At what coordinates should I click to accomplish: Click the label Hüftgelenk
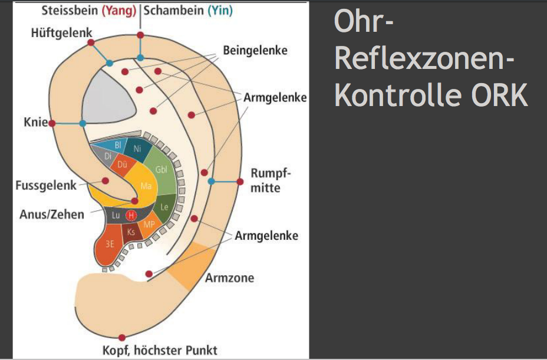[x=61, y=32]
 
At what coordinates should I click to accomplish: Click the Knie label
[x=34, y=124]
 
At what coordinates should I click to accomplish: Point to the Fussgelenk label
[x=46, y=186]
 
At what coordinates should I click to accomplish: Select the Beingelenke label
[x=255, y=50]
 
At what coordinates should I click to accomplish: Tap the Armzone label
[x=229, y=277]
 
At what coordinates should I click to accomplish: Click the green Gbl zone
[x=161, y=169]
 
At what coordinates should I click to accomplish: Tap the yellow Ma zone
[x=146, y=186]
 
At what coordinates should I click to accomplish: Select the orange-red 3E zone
[x=110, y=244]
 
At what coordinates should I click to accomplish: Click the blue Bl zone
[x=118, y=144]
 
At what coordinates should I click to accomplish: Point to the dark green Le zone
[x=165, y=207]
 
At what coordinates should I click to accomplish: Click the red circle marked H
[x=131, y=216]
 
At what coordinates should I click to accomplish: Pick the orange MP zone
[x=148, y=224]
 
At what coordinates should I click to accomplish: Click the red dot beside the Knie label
[x=52, y=123]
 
